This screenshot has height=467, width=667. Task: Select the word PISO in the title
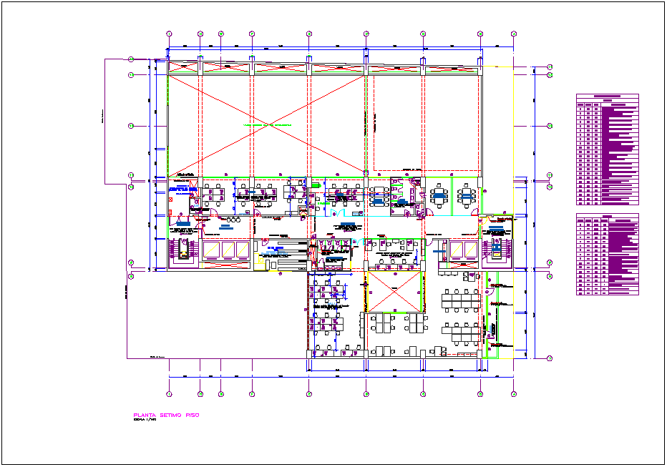[192, 415]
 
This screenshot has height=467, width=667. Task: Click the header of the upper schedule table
[607, 97]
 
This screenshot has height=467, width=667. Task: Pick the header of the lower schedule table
[607, 217]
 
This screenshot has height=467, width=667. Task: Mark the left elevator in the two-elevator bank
[453, 250]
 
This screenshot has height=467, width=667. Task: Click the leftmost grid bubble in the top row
[169, 34]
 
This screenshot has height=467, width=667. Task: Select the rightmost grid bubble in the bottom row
[513, 393]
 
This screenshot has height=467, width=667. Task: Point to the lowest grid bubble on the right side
[550, 358]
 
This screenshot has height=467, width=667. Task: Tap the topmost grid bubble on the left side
[131, 60]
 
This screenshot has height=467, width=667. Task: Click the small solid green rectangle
[314, 185]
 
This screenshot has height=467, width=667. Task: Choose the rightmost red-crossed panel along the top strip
[451, 69]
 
